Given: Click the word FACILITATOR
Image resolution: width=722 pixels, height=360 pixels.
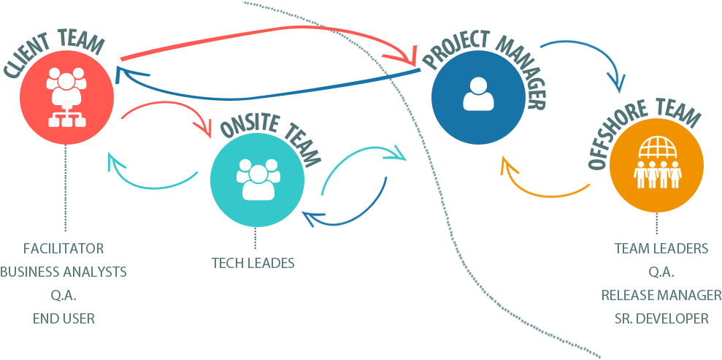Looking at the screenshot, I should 63,248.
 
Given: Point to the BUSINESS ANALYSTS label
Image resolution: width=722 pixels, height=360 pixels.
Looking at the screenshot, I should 64,272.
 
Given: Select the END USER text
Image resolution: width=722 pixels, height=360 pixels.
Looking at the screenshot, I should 64,318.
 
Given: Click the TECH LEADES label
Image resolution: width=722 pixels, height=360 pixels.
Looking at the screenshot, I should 253,263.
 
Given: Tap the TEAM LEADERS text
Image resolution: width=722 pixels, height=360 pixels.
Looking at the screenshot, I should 661,248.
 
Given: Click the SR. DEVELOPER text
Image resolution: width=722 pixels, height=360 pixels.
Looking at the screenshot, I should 661,318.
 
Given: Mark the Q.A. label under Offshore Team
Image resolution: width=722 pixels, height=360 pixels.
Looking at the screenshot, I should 661,272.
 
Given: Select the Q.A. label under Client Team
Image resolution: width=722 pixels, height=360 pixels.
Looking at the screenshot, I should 64,295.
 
